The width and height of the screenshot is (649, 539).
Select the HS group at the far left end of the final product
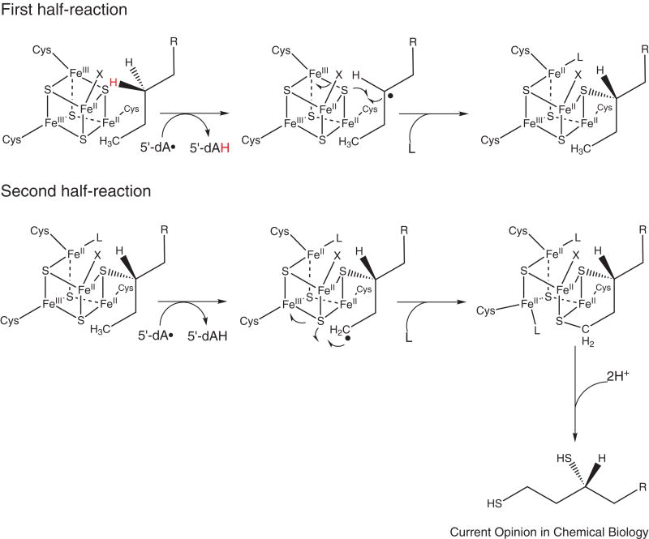[x=495, y=503]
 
